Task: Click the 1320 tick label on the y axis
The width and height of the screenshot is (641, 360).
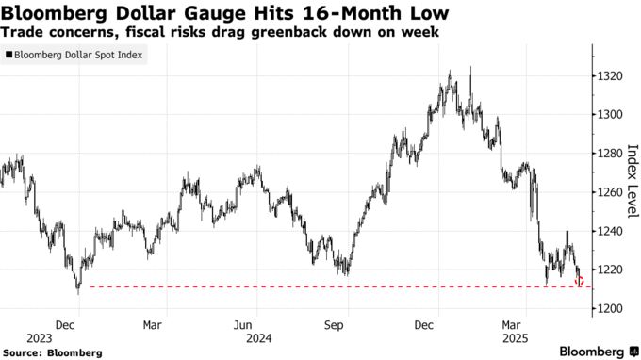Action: point(609,75)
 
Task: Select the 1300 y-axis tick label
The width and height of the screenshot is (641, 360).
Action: point(609,114)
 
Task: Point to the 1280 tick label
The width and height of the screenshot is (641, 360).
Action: point(609,154)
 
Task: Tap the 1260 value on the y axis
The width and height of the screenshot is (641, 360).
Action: point(609,192)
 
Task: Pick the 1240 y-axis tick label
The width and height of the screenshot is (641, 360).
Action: point(609,231)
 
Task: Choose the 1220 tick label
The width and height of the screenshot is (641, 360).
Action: point(609,270)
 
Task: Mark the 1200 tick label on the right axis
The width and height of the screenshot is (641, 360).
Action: point(609,308)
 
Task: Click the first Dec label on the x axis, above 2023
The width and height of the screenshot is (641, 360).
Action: point(65,324)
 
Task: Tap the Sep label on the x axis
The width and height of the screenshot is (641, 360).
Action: point(335,324)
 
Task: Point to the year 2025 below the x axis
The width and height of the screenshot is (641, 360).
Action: point(515,336)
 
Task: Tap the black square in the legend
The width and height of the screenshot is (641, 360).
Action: point(8,56)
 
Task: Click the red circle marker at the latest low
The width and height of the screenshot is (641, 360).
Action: point(580,281)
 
